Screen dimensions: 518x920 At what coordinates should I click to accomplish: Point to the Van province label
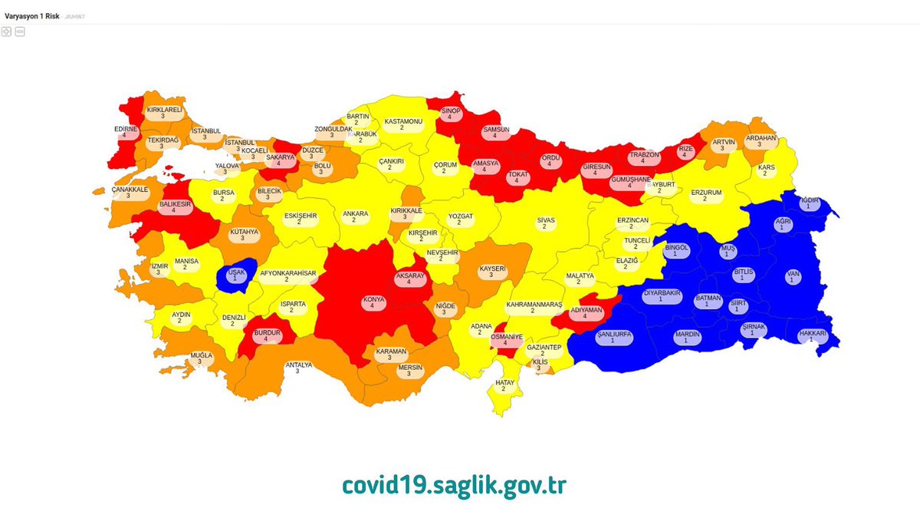(x=791, y=276)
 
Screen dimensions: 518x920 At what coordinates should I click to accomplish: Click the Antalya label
(x=298, y=368)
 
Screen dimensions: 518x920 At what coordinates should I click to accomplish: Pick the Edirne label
(x=125, y=132)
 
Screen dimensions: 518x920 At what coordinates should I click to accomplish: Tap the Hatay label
(x=503, y=385)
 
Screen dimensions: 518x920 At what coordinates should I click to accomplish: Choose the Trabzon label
(x=644, y=158)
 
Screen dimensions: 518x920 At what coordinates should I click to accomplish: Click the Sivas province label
(x=545, y=223)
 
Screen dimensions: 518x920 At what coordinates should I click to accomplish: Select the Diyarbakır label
(x=660, y=296)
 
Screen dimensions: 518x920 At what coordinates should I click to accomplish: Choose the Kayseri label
(x=492, y=272)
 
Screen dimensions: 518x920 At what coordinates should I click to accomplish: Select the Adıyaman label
(x=585, y=313)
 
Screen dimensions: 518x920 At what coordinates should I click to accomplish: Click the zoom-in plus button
(x=7, y=31)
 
